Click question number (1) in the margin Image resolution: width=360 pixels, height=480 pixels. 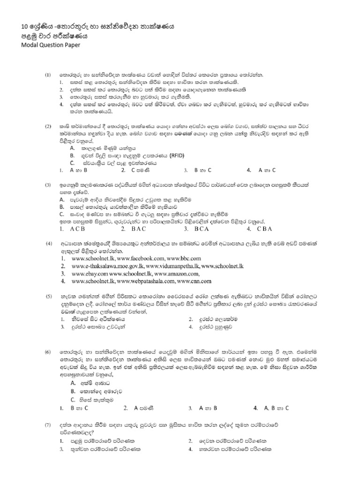click(47, 75)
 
